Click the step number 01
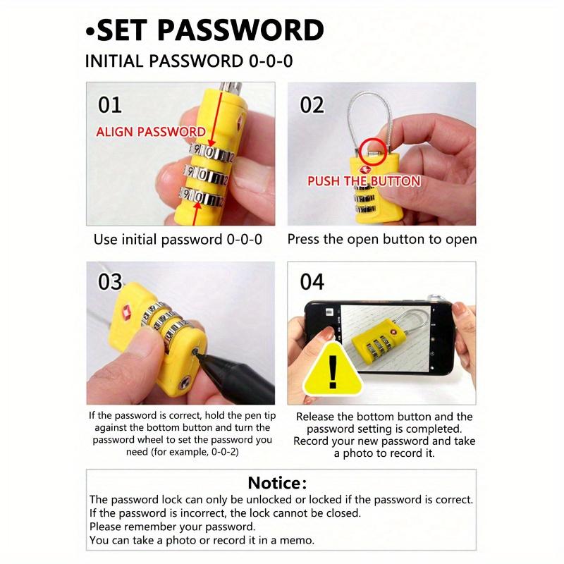coord(109,105)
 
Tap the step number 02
coord(312,105)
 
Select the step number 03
coord(110,282)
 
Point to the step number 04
coord(312,282)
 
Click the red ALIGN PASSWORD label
coord(150,132)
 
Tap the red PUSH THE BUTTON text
coord(363,181)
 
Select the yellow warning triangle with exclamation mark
coord(333,369)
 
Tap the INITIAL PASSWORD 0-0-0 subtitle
coord(189,61)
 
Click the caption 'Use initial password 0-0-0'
coord(178,240)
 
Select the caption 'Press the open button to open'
coord(381,240)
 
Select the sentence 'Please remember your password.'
coord(172,527)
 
